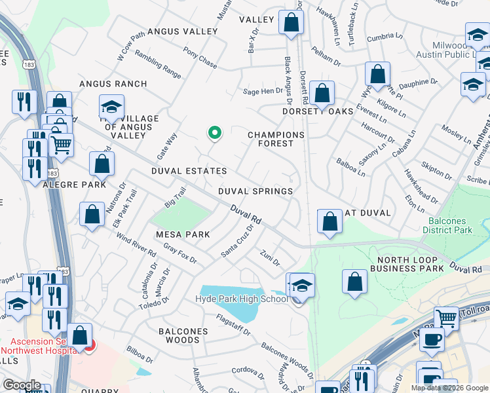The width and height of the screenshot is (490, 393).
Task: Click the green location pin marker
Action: pyautogui.click(x=214, y=134)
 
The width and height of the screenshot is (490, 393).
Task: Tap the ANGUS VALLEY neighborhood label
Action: pyautogui.click(x=182, y=31)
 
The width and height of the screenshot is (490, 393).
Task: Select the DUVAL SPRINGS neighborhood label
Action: pyautogui.click(x=255, y=191)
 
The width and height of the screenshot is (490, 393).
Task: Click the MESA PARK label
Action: pyautogui.click(x=183, y=234)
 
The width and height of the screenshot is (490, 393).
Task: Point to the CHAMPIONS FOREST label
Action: pyautogui.click(x=276, y=141)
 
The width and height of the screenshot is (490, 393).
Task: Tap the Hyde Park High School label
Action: pyautogui.click(x=242, y=299)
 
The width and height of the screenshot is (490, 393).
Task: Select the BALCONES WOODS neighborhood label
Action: pyautogui.click(x=183, y=336)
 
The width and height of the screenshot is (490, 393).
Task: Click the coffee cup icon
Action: pyautogui.click(x=432, y=340)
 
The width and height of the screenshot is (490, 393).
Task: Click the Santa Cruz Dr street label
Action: pyautogui.click(x=238, y=242)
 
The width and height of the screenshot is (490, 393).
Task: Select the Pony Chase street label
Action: pyautogui.click(x=200, y=60)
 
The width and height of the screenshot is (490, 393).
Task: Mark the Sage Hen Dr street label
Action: pyautogui.click(x=262, y=92)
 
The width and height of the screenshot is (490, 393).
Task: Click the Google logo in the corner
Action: pyautogui.click(x=22, y=385)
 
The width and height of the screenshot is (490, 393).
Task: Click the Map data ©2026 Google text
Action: pyautogui.click(x=449, y=388)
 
